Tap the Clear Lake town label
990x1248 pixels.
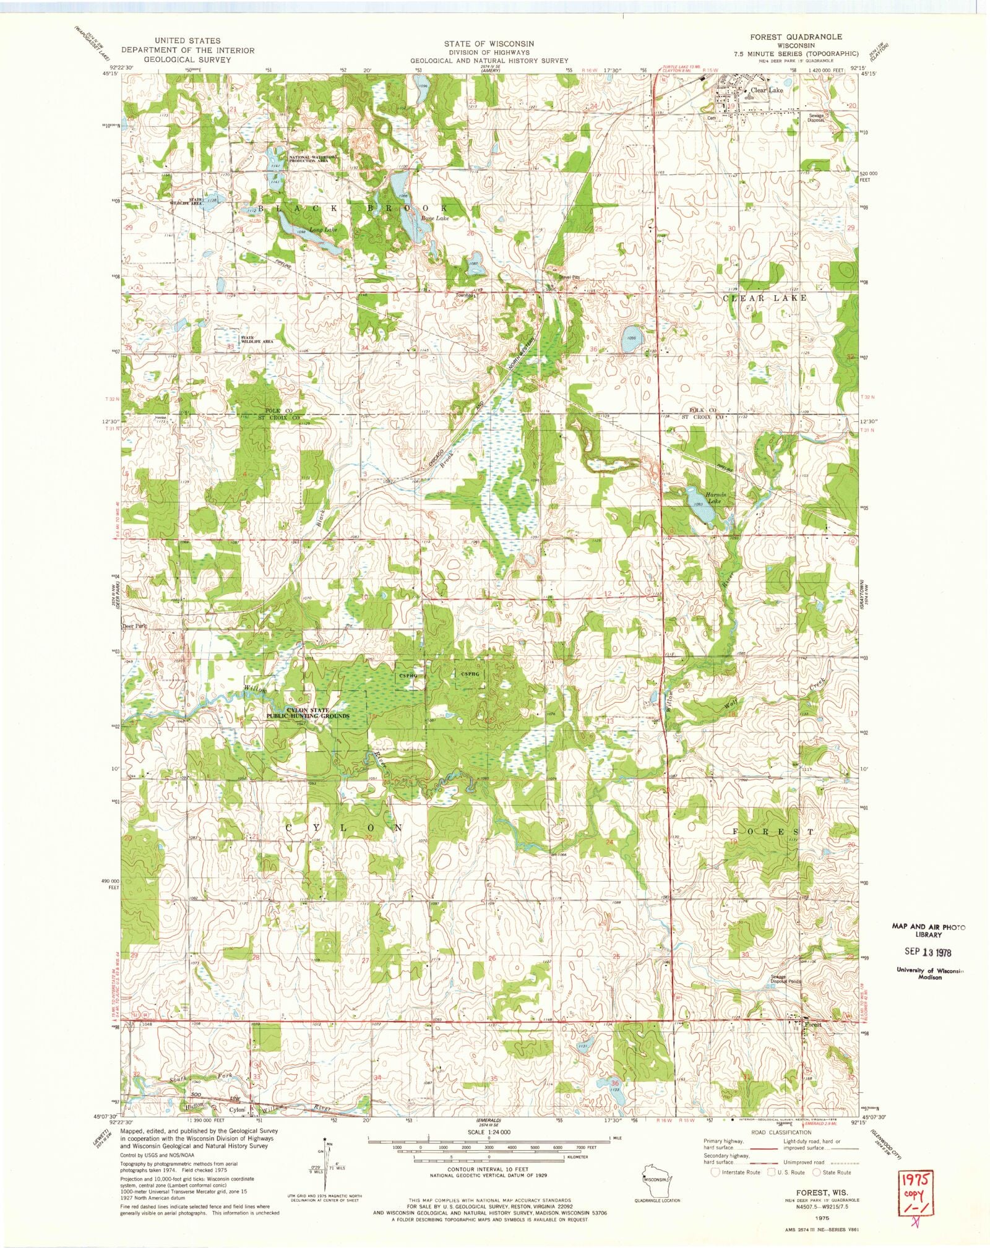click(x=767, y=90)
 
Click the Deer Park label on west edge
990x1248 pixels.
click(x=134, y=626)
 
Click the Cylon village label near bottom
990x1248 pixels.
click(x=238, y=1110)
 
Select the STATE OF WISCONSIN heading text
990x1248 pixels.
click(x=489, y=44)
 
